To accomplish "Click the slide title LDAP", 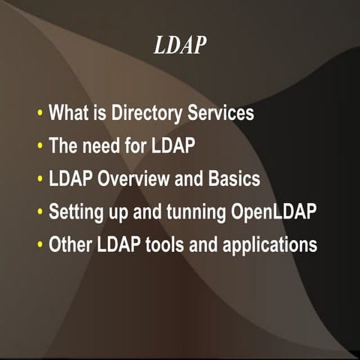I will click(179, 46).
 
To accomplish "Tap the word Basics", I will click(234, 180).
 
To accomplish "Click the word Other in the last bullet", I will click(67, 245).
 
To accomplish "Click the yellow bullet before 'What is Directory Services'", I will click(40, 115).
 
